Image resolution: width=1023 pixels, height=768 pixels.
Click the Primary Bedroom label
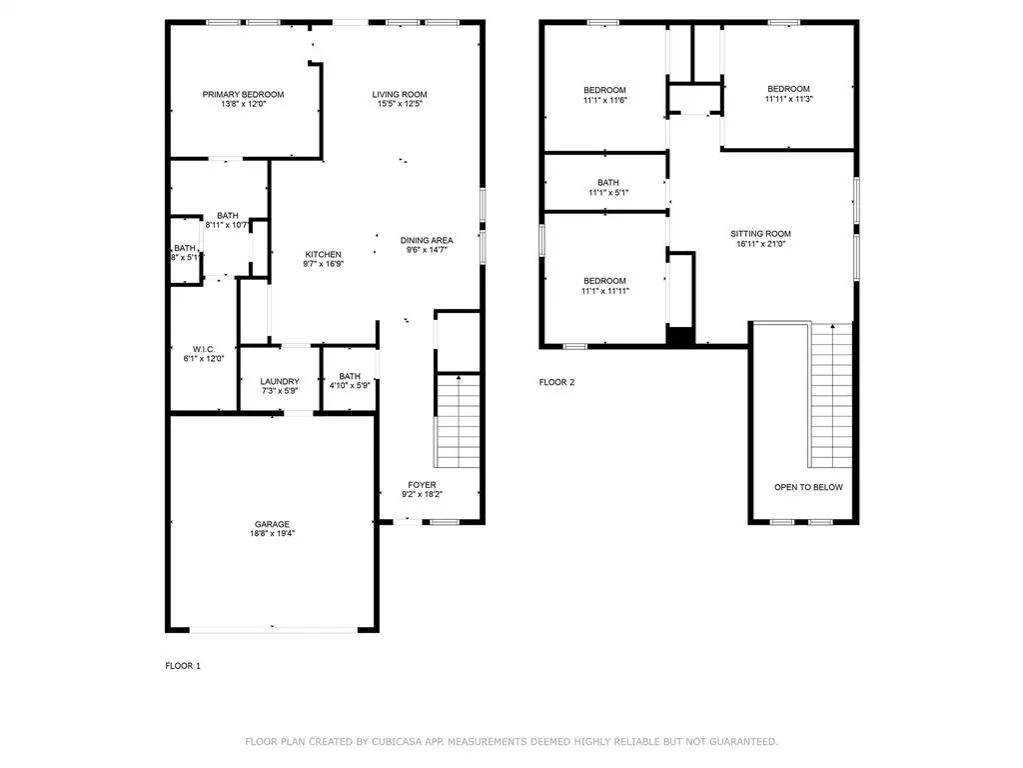click(x=243, y=94)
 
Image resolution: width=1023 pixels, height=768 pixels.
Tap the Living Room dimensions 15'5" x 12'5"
click(x=400, y=103)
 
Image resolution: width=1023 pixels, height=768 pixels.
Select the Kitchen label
click(x=323, y=254)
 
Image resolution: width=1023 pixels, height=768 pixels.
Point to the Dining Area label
click(x=427, y=240)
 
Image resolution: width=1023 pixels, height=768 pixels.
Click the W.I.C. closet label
click(x=204, y=349)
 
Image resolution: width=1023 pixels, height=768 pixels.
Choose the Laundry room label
click(x=280, y=381)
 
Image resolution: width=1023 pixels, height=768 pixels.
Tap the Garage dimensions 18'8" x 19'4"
click(x=272, y=533)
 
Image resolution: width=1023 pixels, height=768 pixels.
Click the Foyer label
click(x=423, y=485)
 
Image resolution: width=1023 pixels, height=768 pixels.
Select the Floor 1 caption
click(x=183, y=665)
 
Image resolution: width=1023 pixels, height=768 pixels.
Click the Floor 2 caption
click(x=556, y=382)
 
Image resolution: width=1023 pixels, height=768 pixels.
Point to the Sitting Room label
click(x=760, y=233)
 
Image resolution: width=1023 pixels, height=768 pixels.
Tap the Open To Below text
click(x=808, y=487)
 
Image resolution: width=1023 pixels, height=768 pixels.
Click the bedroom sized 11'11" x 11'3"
click(x=789, y=93)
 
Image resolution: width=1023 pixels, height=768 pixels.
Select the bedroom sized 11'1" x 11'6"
click(x=604, y=95)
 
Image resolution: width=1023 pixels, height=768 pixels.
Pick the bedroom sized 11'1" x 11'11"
click(x=604, y=285)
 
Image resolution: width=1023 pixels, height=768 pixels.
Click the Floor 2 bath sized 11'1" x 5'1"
click(x=608, y=187)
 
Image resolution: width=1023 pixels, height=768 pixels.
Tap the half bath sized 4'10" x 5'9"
click(x=350, y=381)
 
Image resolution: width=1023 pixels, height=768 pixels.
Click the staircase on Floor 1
click(x=458, y=421)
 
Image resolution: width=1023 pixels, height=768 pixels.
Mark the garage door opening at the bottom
click(x=274, y=630)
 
